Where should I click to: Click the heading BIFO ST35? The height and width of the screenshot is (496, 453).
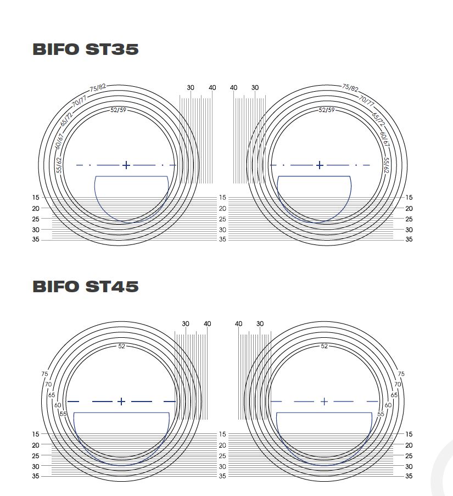[x=86, y=49]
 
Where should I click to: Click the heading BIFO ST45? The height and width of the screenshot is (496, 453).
[x=86, y=286]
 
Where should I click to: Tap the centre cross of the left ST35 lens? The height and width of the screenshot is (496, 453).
[x=126, y=165]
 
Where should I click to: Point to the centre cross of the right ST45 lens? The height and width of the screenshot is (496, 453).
[x=324, y=402]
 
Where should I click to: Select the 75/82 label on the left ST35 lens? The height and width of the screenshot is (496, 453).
[x=98, y=88]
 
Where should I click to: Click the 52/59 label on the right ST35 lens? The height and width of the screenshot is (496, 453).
[x=327, y=110]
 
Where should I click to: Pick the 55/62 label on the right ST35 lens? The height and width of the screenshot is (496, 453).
[x=386, y=165]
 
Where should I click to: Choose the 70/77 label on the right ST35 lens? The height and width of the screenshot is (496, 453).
[x=366, y=100]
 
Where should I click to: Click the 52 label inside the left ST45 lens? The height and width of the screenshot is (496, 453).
[x=121, y=346]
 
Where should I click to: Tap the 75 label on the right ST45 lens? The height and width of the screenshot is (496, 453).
[x=401, y=374]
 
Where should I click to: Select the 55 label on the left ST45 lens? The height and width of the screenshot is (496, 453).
[x=63, y=414]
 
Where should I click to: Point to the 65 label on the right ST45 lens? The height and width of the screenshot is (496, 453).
[x=394, y=395]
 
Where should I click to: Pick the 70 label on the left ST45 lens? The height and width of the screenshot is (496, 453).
[x=48, y=384]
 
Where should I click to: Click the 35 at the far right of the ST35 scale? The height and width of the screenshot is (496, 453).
[x=409, y=239]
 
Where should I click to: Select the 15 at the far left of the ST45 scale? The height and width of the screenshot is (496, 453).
[x=36, y=434]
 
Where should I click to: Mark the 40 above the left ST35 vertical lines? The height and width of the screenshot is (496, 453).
[x=212, y=88]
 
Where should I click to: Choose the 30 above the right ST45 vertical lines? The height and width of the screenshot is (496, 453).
[x=260, y=324]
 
